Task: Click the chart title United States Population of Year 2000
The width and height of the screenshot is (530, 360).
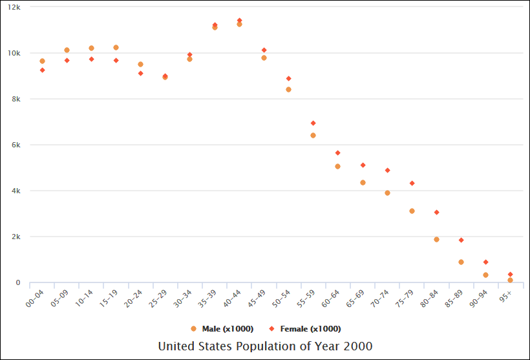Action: point(265,346)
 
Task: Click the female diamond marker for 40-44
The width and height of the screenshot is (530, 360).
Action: point(239,20)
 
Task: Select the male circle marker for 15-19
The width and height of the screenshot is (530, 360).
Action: point(116,47)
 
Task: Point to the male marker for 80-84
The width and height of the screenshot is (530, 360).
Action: point(436,239)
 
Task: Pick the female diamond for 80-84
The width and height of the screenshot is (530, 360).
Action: point(436,212)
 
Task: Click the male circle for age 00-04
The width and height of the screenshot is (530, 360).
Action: point(42,61)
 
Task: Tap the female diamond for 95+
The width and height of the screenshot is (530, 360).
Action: point(510,274)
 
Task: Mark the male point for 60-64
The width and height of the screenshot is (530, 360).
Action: point(337,166)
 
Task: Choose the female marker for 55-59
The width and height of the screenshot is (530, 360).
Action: point(313,123)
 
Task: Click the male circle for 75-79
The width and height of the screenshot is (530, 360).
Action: point(412,211)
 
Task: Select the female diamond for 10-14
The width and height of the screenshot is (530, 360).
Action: point(91,59)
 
